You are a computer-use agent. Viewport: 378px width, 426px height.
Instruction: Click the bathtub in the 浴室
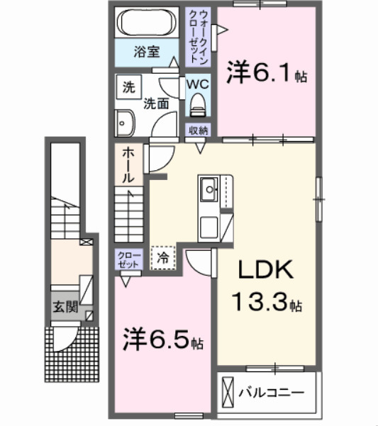point(148,23)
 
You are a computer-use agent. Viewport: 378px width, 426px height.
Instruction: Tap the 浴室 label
point(148,52)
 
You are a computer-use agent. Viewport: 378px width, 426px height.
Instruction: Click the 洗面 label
point(156,103)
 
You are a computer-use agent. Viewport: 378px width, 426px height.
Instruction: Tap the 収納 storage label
point(199,130)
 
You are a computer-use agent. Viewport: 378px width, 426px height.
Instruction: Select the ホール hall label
point(128,166)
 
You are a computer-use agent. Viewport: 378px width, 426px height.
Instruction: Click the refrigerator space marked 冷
point(163,258)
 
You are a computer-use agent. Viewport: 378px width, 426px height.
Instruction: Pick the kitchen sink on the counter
point(210,190)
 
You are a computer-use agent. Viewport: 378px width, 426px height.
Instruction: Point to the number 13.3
point(261,303)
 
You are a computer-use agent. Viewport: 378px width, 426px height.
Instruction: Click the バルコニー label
point(271,391)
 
